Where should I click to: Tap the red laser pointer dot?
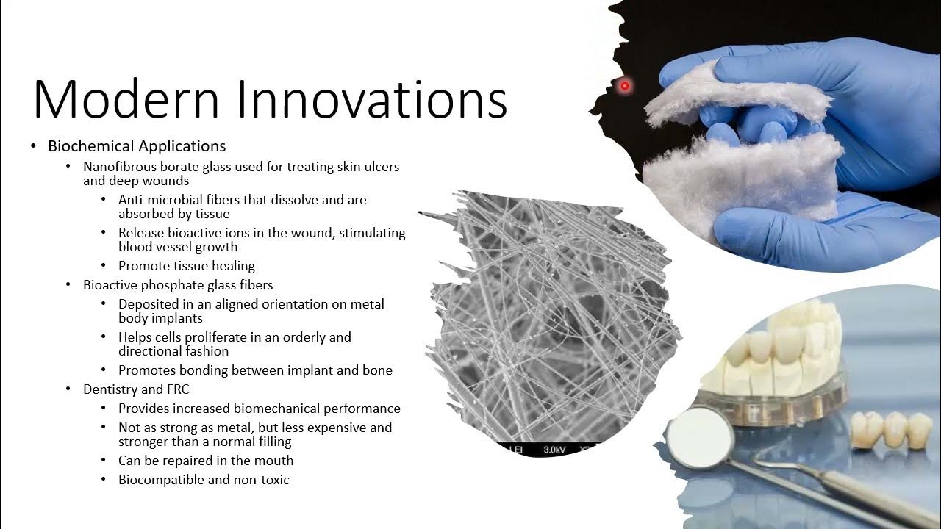coord(625,86)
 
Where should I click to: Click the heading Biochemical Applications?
coord(137,145)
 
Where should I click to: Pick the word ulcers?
coord(379,167)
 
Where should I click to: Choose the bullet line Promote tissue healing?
coord(187,266)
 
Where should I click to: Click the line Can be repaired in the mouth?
coord(206,461)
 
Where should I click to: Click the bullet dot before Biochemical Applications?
coord(34,146)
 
